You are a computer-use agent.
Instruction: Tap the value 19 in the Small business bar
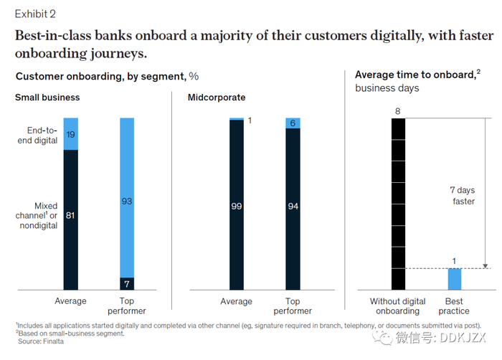pyautogui.click(x=70, y=134)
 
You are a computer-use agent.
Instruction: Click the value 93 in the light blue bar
pyautogui.click(x=127, y=202)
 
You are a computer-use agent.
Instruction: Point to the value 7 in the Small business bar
pyautogui.click(x=127, y=282)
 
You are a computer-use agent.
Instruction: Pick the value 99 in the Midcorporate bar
pyautogui.click(x=236, y=206)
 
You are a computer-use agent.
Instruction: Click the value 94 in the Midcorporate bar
pyautogui.click(x=293, y=206)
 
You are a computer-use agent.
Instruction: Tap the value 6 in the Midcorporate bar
pyautogui.click(x=293, y=123)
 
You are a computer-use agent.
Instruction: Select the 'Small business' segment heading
pyautogui.click(x=47, y=98)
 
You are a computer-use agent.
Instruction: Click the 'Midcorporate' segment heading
pyautogui.click(x=217, y=98)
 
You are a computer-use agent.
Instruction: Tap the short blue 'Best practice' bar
pyautogui.click(x=455, y=279)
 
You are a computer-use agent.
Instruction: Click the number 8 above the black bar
pyautogui.click(x=399, y=110)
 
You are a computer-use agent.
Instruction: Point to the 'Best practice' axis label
pyautogui.click(x=454, y=306)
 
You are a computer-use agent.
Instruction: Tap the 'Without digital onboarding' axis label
pyautogui.click(x=397, y=306)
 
